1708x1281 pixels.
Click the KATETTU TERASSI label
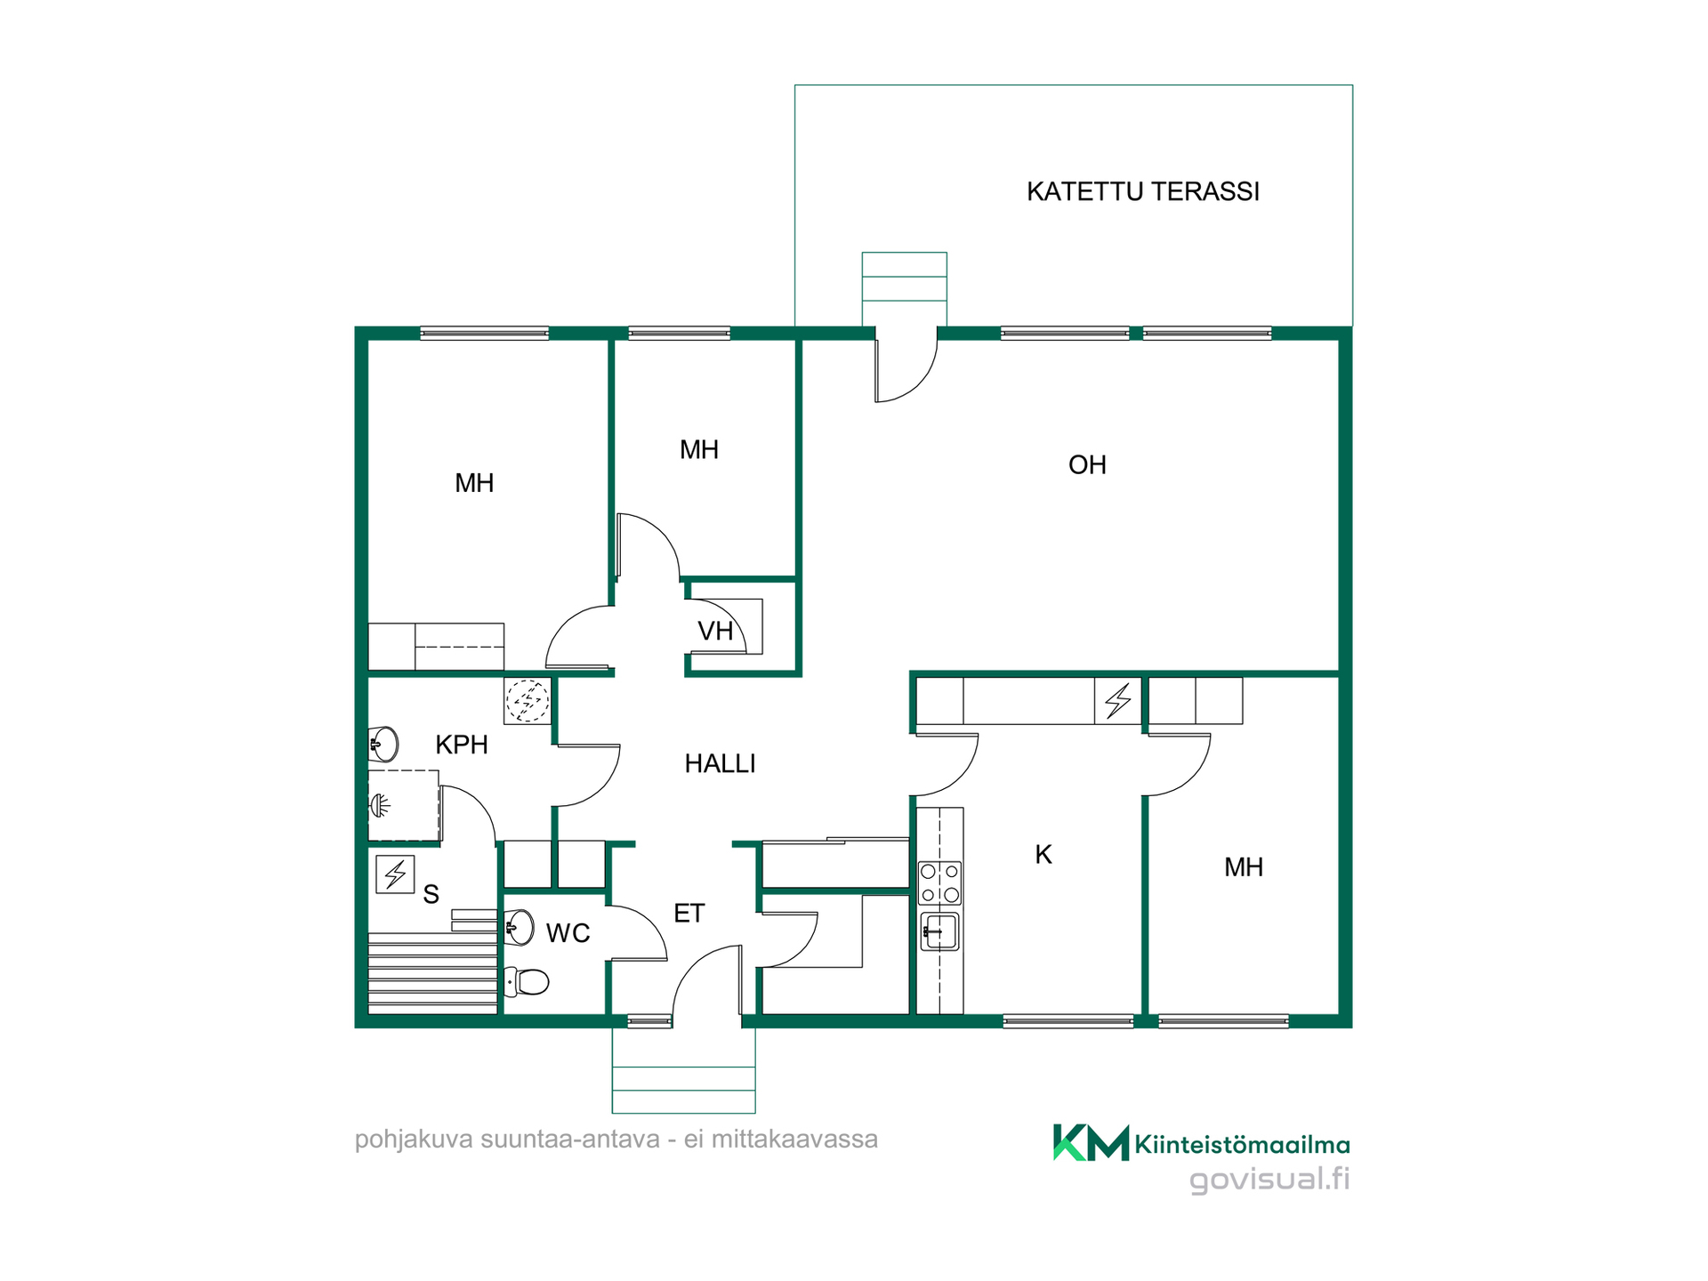(x=1143, y=191)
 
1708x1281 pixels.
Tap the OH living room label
(x=1087, y=464)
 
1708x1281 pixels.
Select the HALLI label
(x=720, y=763)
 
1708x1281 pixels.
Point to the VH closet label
(x=715, y=631)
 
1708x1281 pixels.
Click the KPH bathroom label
(x=462, y=745)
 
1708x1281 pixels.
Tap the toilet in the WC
(x=526, y=982)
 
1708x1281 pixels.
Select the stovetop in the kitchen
(x=939, y=882)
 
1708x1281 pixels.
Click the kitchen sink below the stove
(x=939, y=931)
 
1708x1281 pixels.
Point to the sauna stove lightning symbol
(x=395, y=874)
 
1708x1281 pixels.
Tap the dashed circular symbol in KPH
(x=528, y=700)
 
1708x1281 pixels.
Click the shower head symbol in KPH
(x=380, y=806)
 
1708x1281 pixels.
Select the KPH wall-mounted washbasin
(x=383, y=745)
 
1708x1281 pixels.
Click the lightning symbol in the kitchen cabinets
(x=1118, y=701)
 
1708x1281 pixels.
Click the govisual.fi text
(x=1269, y=1180)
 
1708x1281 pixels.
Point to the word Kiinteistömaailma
(x=1243, y=1145)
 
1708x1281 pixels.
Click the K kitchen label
(x=1043, y=855)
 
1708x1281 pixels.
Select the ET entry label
(x=689, y=914)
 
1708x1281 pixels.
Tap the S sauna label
(x=431, y=894)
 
